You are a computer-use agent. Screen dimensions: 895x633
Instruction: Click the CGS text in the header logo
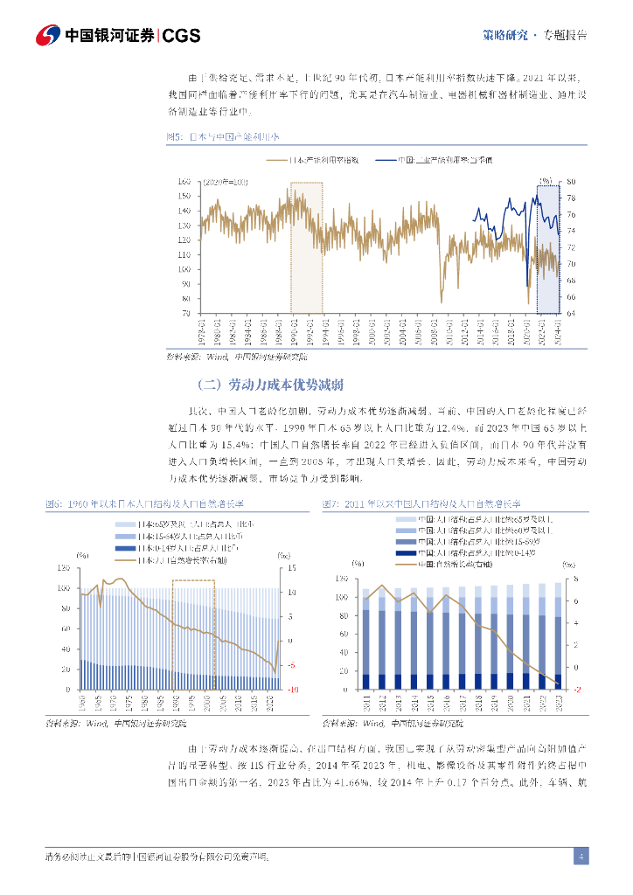(x=182, y=36)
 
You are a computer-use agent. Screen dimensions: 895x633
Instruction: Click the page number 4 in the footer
(x=581, y=856)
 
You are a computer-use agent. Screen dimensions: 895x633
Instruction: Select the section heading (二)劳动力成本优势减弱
(x=270, y=385)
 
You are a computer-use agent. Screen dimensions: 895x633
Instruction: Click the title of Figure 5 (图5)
(x=223, y=137)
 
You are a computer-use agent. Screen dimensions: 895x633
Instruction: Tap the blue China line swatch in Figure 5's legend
(x=386, y=160)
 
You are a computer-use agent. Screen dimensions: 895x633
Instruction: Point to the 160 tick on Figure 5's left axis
(x=184, y=181)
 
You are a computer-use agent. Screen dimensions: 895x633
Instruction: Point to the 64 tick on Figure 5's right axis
(x=570, y=313)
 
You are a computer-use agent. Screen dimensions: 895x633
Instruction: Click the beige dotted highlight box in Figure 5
(x=307, y=247)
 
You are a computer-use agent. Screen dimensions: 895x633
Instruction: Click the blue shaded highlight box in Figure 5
(x=548, y=249)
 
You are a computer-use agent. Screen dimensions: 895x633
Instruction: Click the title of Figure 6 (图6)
(x=144, y=504)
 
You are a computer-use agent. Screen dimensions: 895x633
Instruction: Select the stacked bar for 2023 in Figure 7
(x=556, y=635)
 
